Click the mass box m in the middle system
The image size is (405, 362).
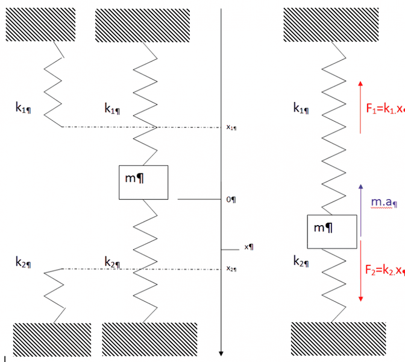[143, 182]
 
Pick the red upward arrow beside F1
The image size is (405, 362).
[360, 106]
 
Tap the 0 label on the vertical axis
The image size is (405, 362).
[230, 199]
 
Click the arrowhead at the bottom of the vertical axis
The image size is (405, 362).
[222, 354]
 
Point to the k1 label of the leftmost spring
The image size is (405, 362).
[24, 107]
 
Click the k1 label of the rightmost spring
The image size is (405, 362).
[301, 108]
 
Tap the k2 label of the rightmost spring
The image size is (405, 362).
[301, 261]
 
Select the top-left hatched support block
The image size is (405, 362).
[40, 24]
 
